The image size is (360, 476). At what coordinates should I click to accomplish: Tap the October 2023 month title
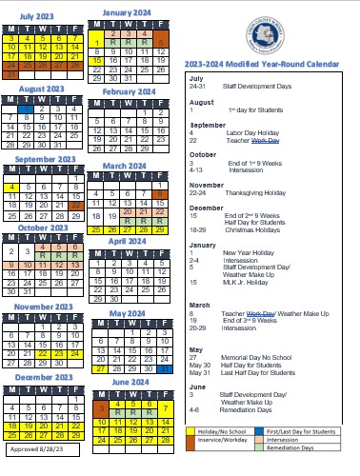pyautogui.click(x=41, y=228)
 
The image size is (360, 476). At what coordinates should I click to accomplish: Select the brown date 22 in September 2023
pyautogui.click(x=76, y=178)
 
